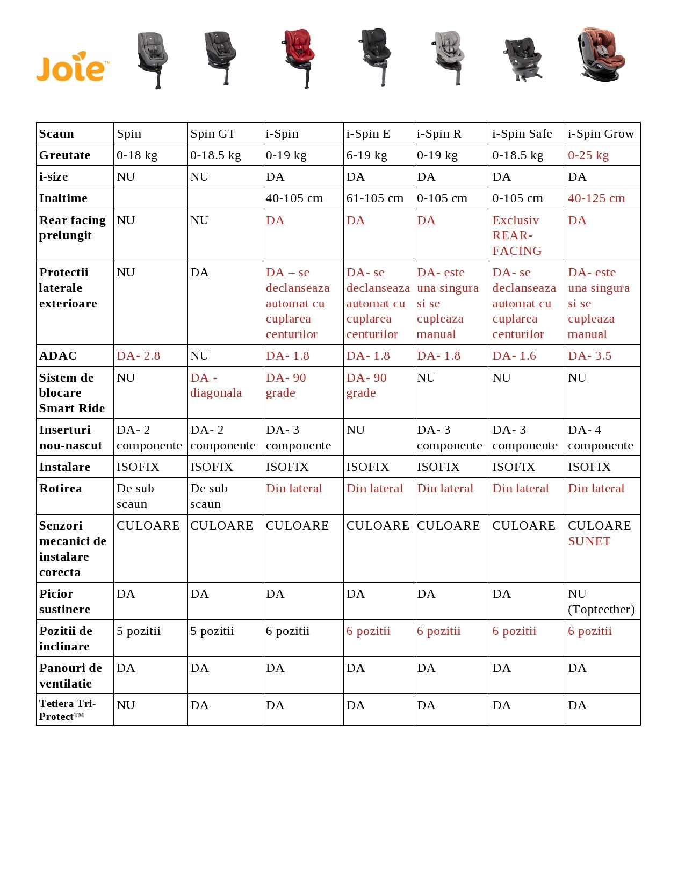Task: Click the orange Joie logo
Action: click(x=73, y=67)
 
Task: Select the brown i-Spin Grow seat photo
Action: click(x=601, y=55)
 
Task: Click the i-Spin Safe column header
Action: click(x=522, y=134)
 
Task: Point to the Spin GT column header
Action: click(x=213, y=134)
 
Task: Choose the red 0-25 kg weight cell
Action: click(x=588, y=155)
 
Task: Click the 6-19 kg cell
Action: click(x=367, y=155)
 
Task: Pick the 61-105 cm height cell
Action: click(x=374, y=198)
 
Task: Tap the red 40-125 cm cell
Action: click(x=596, y=198)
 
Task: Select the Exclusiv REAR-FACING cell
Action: click(x=517, y=235)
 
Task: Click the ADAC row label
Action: click(x=58, y=356)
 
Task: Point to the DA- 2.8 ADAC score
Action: click(x=139, y=356)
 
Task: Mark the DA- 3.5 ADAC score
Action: click(x=589, y=356)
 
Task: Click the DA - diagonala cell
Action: click(x=216, y=385)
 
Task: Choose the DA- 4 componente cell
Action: click(x=600, y=438)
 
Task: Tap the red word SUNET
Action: click(x=589, y=541)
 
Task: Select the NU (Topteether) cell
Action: click(x=601, y=602)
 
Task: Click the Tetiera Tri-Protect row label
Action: click(x=67, y=710)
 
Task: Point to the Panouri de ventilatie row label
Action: click(x=70, y=676)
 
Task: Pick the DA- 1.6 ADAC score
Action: click(x=514, y=356)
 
